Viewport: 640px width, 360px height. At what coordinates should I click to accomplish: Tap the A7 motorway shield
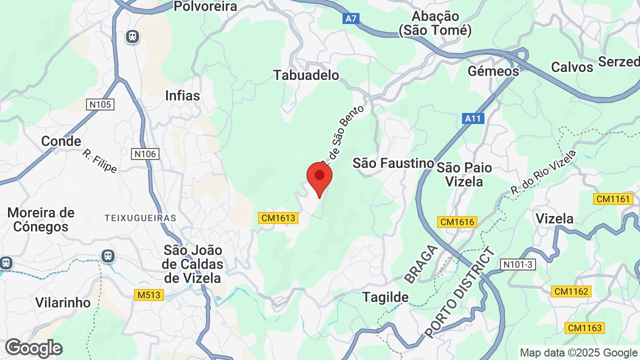[x=351, y=18]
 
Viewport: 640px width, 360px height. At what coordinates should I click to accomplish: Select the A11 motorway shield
[x=472, y=118]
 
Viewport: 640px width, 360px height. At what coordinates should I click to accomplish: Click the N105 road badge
[x=100, y=104]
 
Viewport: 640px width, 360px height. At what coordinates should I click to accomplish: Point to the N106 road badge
[x=145, y=154]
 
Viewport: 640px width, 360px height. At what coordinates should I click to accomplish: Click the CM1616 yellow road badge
[x=457, y=222]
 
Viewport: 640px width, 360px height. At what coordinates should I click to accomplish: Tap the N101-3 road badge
[x=518, y=264]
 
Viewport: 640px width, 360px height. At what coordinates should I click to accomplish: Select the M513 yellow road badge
[x=149, y=295]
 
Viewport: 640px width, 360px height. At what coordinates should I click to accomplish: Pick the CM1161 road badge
[x=612, y=199]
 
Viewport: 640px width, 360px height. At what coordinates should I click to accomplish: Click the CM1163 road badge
[x=584, y=328]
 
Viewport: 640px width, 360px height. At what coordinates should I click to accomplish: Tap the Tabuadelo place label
[x=306, y=75]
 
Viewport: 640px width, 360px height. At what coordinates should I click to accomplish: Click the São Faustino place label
[x=393, y=163]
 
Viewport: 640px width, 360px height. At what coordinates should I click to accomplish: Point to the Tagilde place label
[x=385, y=297]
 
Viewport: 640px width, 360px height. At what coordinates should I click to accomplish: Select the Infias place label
[x=182, y=95]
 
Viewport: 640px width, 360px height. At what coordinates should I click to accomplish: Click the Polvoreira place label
[x=205, y=6]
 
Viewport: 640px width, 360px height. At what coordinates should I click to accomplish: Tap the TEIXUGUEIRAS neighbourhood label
[x=140, y=218]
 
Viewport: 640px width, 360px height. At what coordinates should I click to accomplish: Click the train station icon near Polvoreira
[x=132, y=36]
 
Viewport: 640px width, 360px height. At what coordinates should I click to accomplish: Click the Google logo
[x=33, y=348]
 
